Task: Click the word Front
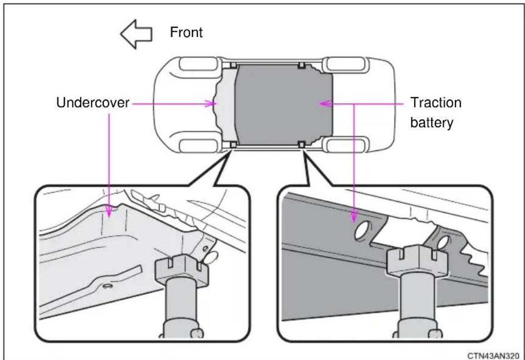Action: point(186,32)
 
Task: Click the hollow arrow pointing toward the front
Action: point(136,34)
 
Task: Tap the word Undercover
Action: point(92,103)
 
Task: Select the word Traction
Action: point(435,103)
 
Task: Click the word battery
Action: point(432,123)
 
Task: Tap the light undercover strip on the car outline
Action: point(226,105)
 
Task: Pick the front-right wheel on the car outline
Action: point(198,65)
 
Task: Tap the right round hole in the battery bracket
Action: point(443,243)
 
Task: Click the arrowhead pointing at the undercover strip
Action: point(211,104)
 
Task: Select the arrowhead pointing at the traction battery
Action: point(325,104)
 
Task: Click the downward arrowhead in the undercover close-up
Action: point(109,211)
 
